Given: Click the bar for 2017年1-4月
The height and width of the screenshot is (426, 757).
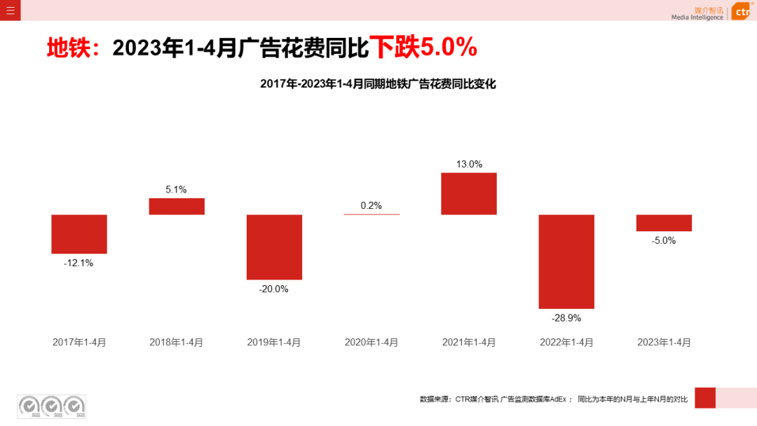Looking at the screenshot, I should point(79,234).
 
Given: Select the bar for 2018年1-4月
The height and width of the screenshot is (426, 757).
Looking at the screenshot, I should point(177,206).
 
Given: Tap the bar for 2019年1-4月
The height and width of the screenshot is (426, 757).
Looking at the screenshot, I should point(274,247).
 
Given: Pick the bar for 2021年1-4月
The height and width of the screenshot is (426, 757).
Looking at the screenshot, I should point(469,193).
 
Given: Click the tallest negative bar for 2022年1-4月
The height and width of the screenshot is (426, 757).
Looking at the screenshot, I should point(566,261).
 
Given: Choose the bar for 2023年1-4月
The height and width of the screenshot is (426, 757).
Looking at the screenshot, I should point(664,223).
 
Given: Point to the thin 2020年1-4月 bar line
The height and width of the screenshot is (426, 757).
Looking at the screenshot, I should point(371,214).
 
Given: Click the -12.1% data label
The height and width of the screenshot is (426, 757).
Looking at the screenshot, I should point(79,263).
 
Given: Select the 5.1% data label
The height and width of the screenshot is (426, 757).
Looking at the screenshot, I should point(176,189).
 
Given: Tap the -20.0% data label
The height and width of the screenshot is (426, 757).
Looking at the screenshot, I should point(273,289).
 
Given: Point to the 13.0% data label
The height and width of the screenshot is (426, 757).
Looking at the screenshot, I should point(469,164).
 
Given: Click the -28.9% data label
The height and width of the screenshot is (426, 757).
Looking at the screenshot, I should point(566,318).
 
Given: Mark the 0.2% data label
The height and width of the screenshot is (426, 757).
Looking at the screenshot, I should point(371,205).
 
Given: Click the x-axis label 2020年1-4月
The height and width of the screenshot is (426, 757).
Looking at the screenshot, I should point(371,343).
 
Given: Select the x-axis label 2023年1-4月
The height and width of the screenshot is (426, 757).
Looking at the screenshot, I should point(664,343).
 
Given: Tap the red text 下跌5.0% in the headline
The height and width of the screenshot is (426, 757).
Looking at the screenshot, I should point(423,48).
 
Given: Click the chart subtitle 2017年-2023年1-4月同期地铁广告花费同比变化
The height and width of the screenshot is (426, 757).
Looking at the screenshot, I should point(378,84).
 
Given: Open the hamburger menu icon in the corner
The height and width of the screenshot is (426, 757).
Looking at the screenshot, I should point(10,10).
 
